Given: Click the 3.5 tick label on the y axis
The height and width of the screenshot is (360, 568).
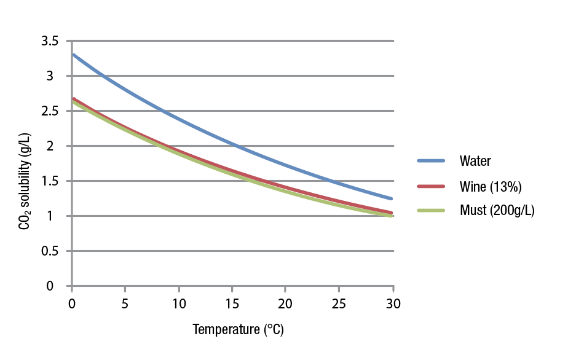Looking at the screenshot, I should tap(50, 41).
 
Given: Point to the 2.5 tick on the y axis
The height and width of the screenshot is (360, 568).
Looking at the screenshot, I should tap(50, 111).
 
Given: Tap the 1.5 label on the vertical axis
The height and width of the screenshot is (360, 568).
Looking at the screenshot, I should tap(50, 181).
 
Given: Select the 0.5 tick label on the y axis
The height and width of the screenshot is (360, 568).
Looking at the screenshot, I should tap(50, 251).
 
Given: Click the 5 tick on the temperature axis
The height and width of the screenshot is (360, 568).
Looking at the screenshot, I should tap(125, 304).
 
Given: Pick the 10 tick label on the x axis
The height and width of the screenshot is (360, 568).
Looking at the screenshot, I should tap(179, 304).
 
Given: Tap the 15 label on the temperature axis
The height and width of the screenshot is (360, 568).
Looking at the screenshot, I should tap(232, 304).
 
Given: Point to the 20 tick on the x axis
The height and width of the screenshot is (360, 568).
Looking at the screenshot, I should tap(286, 304).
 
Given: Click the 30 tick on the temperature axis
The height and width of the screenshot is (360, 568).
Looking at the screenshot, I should tap(393, 304).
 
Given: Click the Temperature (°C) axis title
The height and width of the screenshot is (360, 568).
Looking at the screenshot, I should tap(238, 330).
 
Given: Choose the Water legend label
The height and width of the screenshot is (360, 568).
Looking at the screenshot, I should tap(475, 162).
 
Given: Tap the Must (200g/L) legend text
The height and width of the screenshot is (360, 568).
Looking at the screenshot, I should tap(497, 211).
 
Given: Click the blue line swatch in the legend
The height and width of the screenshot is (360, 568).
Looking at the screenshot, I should tap(431, 161).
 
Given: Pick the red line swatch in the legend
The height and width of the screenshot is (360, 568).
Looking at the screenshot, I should tap(431, 186).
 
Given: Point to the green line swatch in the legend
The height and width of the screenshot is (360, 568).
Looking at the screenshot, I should tap(431, 210).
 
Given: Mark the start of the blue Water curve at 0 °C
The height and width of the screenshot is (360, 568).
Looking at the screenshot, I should tap(73, 55).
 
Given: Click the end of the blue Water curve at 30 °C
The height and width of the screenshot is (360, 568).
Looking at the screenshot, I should tap(392, 198).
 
